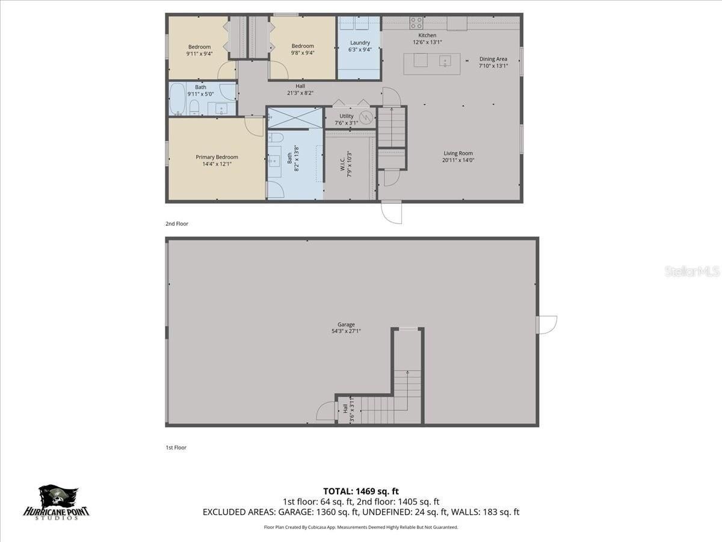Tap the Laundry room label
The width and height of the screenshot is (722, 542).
pyautogui.click(x=360, y=43)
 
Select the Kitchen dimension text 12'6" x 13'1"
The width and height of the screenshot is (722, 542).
pyautogui.click(x=427, y=43)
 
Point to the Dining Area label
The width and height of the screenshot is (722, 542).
pyautogui.click(x=493, y=59)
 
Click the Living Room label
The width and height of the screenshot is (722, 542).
pyautogui.click(x=458, y=153)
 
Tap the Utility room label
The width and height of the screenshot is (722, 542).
pyautogui.click(x=347, y=116)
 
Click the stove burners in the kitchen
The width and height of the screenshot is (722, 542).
pyautogui.click(x=416, y=23)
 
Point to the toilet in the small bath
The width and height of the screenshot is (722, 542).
pyautogui.click(x=194, y=108)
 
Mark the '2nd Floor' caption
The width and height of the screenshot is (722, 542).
pyautogui.click(x=177, y=223)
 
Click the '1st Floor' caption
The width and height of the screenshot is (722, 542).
pyautogui.click(x=176, y=447)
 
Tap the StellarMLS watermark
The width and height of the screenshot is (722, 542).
pyautogui.click(x=691, y=272)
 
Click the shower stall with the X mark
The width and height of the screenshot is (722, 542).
pyautogui.click(x=295, y=118)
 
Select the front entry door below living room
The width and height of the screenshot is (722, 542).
pyautogui.click(x=392, y=212)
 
